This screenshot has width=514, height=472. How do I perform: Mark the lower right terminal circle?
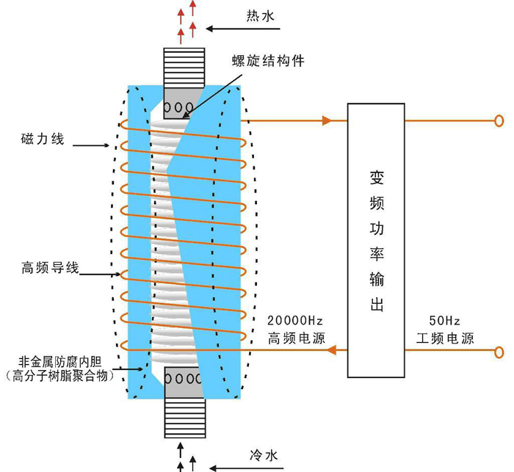[x=499, y=350]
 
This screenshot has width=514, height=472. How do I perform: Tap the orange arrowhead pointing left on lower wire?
[x=333, y=350]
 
